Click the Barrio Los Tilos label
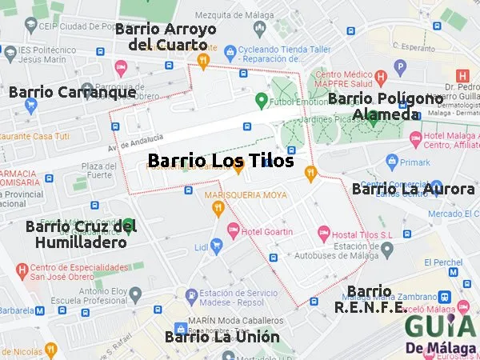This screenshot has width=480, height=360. pyautogui.click(x=221, y=161)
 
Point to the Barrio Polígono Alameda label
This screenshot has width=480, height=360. pyautogui.click(x=386, y=106)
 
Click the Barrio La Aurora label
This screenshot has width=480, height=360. pyautogui.click(x=413, y=189)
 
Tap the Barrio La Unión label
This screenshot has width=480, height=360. pyautogui.click(x=222, y=337)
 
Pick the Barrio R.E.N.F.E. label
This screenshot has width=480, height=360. pyautogui.click(x=370, y=298)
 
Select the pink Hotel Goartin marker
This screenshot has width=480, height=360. pyautogui.click(x=234, y=230)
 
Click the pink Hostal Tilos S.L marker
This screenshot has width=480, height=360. pyautogui.click(x=323, y=233)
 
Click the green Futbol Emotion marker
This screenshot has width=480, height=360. pyautogui.click(x=260, y=101)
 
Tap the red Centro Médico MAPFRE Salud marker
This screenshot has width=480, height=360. pyautogui.click(x=381, y=78)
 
